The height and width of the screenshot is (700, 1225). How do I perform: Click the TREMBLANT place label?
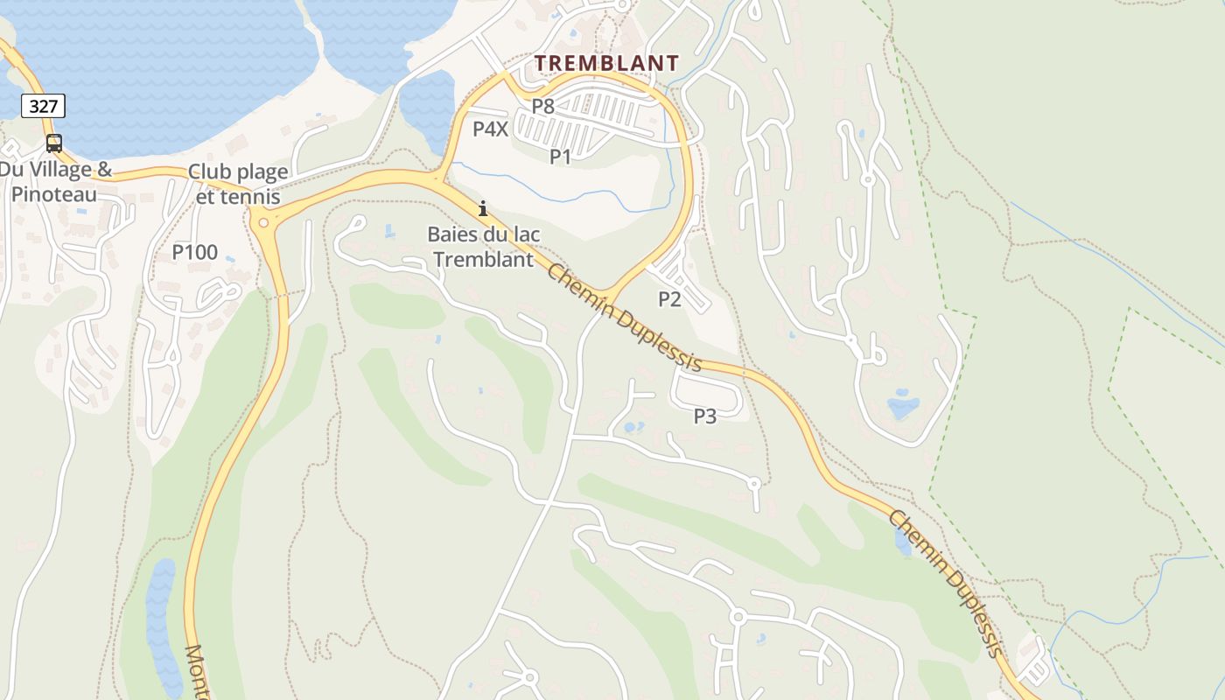point(606,63)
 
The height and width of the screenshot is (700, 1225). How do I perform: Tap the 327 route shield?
point(43,107)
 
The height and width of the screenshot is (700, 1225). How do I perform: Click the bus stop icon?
point(54,143)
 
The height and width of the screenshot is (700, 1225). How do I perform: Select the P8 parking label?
point(543,107)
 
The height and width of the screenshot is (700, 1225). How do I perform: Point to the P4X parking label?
point(490,129)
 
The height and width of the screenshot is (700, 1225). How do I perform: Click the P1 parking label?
point(560,157)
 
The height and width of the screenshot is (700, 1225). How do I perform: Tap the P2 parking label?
point(669,299)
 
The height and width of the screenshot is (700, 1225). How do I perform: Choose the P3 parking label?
point(705,416)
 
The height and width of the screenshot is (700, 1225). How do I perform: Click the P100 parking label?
point(194,253)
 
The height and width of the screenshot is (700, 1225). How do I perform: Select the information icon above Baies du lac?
point(482,208)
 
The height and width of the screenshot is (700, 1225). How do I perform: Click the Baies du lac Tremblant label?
point(483,247)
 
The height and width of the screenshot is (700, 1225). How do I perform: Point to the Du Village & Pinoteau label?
point(55,181)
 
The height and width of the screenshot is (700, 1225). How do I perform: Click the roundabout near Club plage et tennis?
point(263,223)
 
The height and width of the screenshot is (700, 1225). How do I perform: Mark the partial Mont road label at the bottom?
point(197,672)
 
